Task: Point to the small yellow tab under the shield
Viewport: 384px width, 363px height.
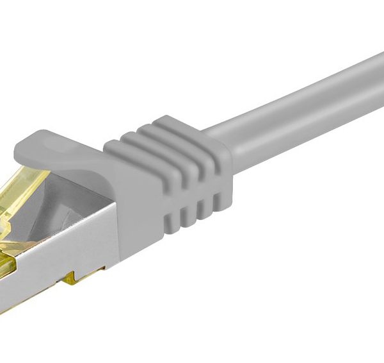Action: pos(84,276)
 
